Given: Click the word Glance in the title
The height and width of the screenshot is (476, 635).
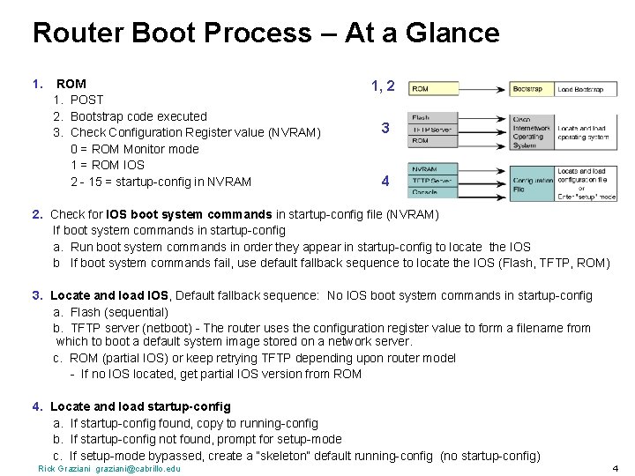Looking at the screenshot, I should pos(455,33).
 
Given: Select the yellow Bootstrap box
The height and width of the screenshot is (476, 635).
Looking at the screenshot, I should pos(532,89).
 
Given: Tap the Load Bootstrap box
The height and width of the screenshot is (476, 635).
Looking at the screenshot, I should pos(586,89).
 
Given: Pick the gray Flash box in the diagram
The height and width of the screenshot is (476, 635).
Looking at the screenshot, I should pos(433,117).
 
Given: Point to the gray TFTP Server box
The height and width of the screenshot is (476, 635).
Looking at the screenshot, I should pos(433,129).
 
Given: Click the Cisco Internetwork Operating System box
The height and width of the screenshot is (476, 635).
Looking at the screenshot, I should pos(532,132).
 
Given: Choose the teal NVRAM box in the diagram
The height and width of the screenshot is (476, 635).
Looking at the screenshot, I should pos(433,168).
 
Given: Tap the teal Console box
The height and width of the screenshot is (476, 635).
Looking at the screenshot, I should pos(433,192).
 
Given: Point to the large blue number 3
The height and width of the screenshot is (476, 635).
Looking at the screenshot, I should pos(385,128).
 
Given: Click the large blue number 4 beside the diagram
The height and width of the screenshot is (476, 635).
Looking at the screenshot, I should pos(385,182).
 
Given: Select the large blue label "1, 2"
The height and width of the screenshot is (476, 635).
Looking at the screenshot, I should pos(383,86).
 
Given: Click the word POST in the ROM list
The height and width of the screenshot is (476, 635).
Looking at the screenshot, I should pos(86,100).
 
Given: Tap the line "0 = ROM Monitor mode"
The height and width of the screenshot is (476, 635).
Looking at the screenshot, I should pos(134,148).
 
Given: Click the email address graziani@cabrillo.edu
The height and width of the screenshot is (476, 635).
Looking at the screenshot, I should pos(138,468).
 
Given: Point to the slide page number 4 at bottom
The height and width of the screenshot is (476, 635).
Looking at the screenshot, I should pos(615,467).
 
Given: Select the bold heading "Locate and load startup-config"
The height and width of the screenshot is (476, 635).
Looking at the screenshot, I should pos(140,406).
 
